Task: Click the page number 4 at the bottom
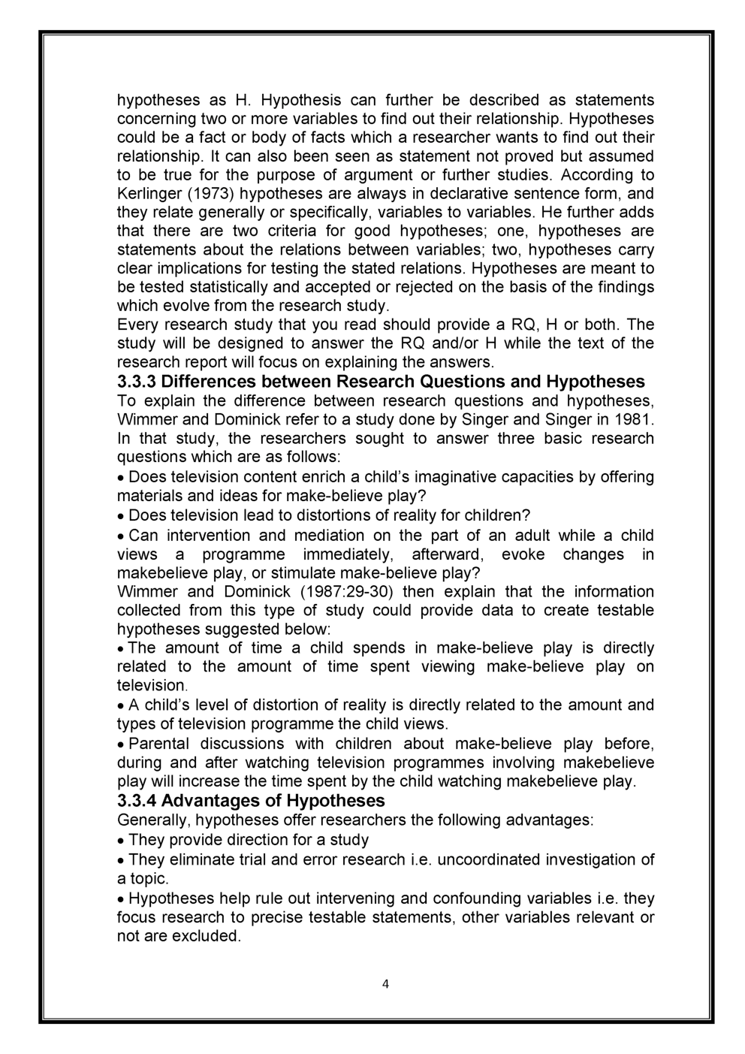(x=385, y=985)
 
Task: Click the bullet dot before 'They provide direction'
(x=122, y=841)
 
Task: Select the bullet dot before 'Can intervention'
(x=122, y=536)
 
